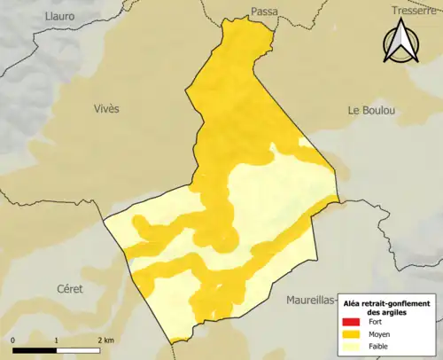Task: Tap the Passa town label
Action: coord(264,12)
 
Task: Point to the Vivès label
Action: coord(105,108)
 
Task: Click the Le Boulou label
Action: coord(371,110)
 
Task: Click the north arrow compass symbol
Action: coord(400,44)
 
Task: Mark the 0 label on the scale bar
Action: coord(13,340)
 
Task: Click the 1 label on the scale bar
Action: coord(57,340)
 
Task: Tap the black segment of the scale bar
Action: coord(35,348)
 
